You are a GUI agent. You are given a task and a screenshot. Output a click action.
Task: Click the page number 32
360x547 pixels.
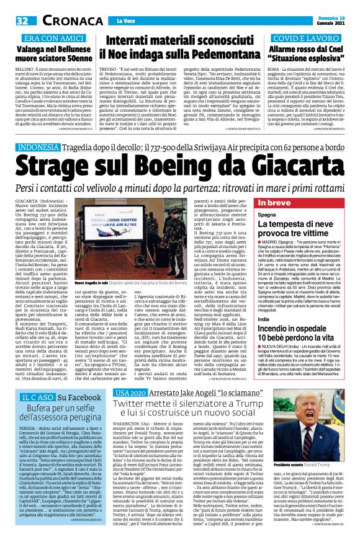coord(22,20)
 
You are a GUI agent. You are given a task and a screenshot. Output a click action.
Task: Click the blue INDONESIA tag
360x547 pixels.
coord(43,148)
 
